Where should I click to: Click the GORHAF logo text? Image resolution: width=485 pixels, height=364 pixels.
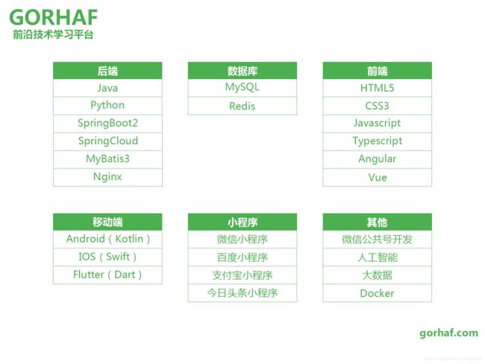point(54,17)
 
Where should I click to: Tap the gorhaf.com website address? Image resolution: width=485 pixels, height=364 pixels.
point(448,333)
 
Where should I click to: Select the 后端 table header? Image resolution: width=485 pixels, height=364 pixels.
point(107,71)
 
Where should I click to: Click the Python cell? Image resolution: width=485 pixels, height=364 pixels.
point(107,105)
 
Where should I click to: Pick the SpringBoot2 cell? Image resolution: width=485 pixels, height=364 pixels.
point(107,123)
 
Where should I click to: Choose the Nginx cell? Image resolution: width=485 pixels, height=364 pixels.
point(107,178)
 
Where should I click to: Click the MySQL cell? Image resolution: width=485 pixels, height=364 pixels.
point(242,88)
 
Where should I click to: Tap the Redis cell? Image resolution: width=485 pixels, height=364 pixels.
point(242,106)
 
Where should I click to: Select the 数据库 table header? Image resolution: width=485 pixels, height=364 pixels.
point(242,71)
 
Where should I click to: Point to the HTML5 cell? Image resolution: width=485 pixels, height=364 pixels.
point(377,88)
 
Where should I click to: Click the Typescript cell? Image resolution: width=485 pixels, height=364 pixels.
point(377,141)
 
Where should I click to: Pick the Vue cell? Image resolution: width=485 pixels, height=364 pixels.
point(377,178)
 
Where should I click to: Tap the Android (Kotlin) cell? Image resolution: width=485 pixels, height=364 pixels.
point(107,239)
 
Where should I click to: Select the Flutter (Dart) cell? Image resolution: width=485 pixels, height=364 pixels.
point(107,275)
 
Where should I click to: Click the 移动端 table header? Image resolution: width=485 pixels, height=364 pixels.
point(107,222)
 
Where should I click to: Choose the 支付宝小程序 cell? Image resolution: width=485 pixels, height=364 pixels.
point(242,275)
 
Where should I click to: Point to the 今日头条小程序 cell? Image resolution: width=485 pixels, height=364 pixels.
point(242,293)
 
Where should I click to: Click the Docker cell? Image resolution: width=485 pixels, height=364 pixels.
point(377,293)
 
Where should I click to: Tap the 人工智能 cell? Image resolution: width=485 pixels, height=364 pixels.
point(377,257)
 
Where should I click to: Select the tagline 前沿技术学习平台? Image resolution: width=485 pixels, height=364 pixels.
point(53,34)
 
